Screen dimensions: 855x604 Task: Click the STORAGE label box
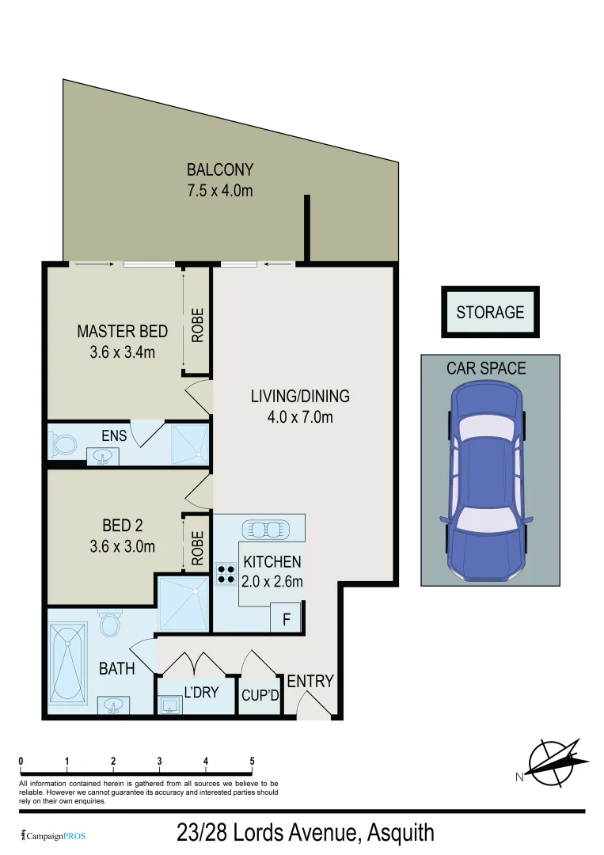[x=490, y=312]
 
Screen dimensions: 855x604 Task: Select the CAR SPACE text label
[x=486, y=368]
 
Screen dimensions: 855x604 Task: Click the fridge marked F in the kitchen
[x=286, y=619]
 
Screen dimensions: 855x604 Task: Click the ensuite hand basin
[x=103, y=455]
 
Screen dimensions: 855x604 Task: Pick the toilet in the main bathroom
[x=111, y=625]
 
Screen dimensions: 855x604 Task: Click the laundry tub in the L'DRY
[x=169, y=705]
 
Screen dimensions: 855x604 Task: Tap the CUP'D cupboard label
[x=260, y=697]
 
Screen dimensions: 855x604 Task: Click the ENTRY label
[x=310, y=681]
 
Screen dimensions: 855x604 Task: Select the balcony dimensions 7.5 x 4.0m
[x=219, y=190]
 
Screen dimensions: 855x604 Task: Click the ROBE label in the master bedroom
[x=198, y=325]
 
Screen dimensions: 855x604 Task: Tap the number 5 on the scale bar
[x=252, y=762]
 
